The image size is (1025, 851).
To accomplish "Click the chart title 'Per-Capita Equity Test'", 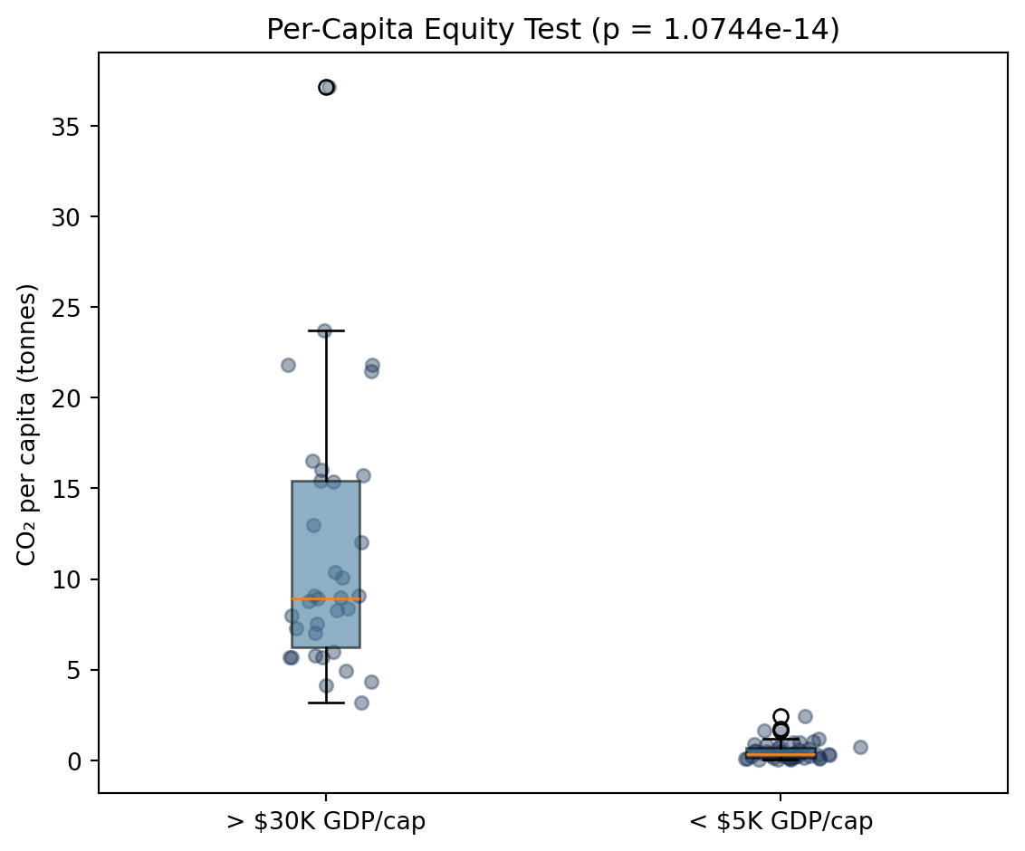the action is (424, 29).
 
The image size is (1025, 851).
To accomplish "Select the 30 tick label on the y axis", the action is (65, 217).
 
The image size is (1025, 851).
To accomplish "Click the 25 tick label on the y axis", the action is (65, 307).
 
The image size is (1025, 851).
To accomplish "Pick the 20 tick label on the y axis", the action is (65, 398).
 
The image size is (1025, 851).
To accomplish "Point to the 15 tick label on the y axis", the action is (65, 488).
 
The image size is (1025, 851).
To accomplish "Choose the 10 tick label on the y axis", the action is (65, 579).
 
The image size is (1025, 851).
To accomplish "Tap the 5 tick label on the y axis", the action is (73, 670).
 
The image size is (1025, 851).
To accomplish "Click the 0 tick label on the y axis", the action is (73, 760).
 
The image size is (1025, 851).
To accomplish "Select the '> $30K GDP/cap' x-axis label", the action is (326, 822).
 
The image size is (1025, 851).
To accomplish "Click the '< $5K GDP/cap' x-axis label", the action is (781, 822).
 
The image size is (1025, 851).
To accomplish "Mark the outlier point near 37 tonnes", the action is (326, 88).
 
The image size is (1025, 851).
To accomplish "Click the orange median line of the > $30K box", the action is (326, 598).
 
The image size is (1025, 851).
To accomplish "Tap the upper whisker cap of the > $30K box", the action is (326, 330).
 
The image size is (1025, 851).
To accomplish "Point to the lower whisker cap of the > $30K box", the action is (326, 703).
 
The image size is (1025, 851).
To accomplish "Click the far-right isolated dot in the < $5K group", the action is (860, 747).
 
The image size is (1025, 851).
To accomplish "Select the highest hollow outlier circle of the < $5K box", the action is (781, 716).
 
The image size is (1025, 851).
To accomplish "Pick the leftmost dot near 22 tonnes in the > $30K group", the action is (288, 366).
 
